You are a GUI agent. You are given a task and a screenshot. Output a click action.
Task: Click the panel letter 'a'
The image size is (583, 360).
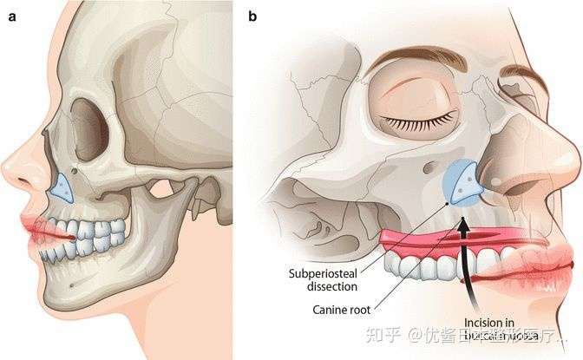10,14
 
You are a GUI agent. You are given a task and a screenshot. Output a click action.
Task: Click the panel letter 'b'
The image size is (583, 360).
252,14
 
